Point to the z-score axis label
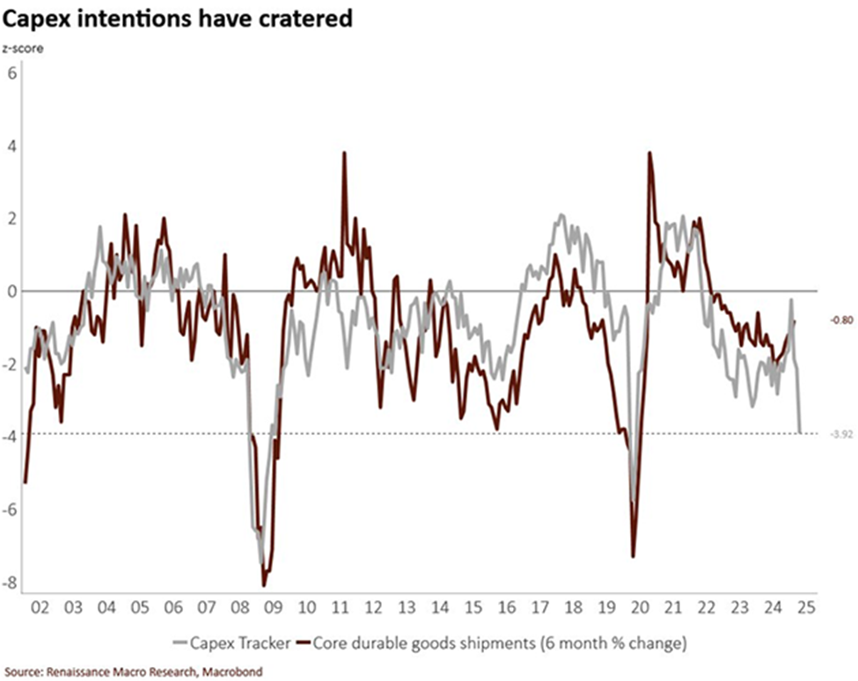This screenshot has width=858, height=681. point(24,48)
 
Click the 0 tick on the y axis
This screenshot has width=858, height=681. point(11,291)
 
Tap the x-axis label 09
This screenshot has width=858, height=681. point(274,607)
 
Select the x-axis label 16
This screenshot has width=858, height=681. point(507,607)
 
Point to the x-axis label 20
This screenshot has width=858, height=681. point(640,607)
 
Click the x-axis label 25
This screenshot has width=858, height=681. point(805,607)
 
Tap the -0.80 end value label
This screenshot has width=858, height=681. point(840,321)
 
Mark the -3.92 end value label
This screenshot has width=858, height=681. point(840,434)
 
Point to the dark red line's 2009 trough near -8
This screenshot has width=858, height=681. point(264,585)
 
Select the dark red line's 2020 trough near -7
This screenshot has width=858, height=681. point(633,556)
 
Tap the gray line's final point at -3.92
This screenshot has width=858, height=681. point(800,431)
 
